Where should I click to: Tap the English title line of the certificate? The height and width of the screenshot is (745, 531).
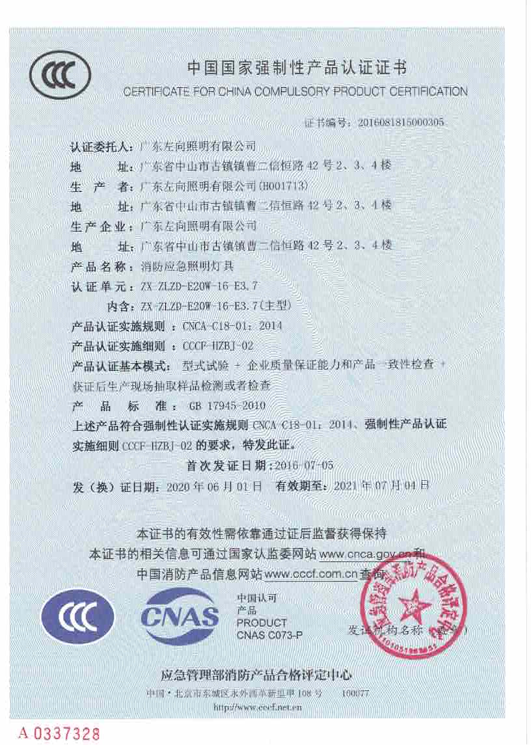tap(295, 92)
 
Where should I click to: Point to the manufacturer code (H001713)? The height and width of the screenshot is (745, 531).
tap(282, 185)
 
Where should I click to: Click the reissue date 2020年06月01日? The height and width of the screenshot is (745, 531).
tap(214, 486)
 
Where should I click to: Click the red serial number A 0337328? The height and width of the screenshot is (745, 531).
tap(60, 734)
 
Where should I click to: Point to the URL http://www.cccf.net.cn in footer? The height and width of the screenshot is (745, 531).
tap(258, 706)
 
